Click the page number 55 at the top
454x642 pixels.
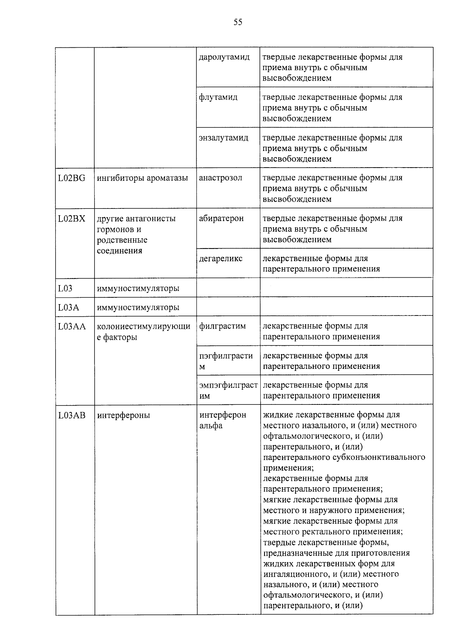coord(238,22)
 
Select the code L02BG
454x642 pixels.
coord(72,178)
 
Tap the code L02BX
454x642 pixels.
coord(72,219)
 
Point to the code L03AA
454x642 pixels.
coord(72,326)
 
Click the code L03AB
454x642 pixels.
coord(72,415)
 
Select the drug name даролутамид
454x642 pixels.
coord(224,57)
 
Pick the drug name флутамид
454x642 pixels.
coord(218,97)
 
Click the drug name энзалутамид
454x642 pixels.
coord(224,138)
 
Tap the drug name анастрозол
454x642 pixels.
coord(220,178)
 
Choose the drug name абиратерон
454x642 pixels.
coord(221,218)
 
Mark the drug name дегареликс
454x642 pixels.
coord(221,259)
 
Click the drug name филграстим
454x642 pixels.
coord(222,326)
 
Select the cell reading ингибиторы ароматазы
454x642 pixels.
coord(142,178)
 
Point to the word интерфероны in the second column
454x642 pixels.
coord(123,415)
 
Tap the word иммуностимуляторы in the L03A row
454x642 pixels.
coord(138,307)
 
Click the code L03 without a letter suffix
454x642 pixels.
coord(65,289)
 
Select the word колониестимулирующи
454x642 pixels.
coord(143,326)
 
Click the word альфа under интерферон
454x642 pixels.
coord(211,426)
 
